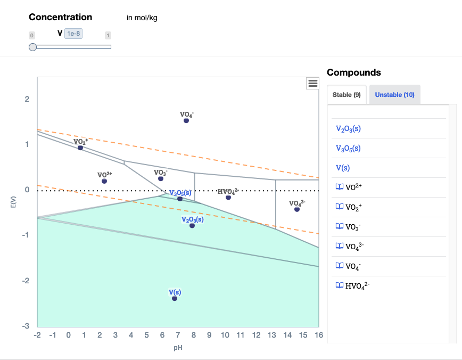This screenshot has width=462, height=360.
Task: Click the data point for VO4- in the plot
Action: [x=186, y=121]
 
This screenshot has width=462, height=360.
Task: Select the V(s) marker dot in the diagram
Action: [x=175, y=298]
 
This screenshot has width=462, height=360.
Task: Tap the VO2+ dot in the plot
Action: [x=80, y=148]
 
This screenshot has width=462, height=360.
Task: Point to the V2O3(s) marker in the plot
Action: [x=192, y=226]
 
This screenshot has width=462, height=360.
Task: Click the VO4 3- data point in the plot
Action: [x=297, y=209]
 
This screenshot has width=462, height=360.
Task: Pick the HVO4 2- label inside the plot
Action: [x=228, y=191]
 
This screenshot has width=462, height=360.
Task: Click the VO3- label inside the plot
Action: [x=161, y=173]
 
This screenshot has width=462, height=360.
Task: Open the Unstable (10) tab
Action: [x=394, y=95]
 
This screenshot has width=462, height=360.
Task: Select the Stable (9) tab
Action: [x=346, y=95]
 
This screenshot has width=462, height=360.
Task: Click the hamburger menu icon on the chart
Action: [x=313, y=83]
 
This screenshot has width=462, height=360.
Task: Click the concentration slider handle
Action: [x=33, y=47]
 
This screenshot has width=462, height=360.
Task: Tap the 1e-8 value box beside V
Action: [x=73, y=34]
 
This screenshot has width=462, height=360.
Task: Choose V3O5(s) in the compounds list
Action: [x=348, y=148]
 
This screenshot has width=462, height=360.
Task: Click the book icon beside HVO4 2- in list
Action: [x=339, y=285]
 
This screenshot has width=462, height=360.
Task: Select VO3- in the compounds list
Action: [x=353, y=226]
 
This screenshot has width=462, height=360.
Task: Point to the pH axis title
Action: [x=178, y=348]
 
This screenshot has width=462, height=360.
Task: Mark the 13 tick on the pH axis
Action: [x=271, y=335]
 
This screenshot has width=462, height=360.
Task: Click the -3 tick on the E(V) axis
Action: [x=26, y=326]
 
